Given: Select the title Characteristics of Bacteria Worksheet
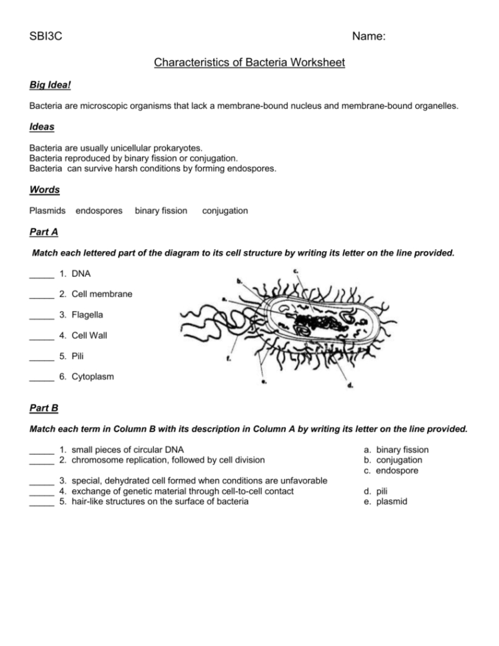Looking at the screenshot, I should [x=249, y=63].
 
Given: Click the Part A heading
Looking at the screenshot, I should [x=44, y=232].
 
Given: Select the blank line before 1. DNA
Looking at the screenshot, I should [x=41, y=274].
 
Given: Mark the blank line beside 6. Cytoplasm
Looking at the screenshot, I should [x=41, y=378].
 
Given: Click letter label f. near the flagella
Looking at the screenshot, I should [x=229, y=358].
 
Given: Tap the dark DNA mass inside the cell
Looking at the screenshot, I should [x=318, y=324].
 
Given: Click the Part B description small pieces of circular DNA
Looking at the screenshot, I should [x=127, y=450].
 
